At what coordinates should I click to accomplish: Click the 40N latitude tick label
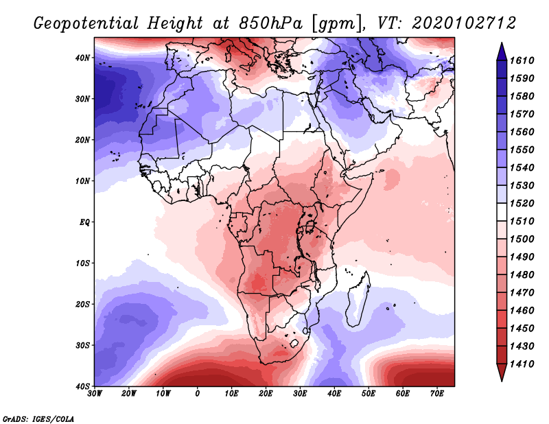(x=82, y=58)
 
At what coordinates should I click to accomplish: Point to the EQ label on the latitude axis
(x=84, y=222)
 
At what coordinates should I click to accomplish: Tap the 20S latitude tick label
(x=82, y=304)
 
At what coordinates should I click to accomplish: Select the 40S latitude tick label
(x=82, y=386)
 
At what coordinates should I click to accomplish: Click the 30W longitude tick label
(x=95, y=394)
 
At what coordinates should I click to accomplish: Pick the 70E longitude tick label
(x=436, y=394)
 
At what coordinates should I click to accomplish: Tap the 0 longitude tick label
(x=198, y=394)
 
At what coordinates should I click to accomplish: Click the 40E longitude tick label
(x=334, y=394)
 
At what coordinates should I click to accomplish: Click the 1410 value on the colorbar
(x=526, y=364)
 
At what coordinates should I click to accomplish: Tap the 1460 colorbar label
(x=526, y=310)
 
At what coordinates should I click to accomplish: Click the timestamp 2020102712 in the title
(x=465, y=23)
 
